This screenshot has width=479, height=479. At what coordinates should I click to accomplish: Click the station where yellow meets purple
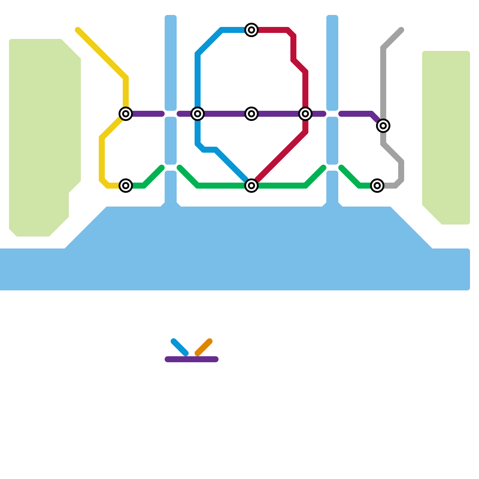click(x=126, y=114)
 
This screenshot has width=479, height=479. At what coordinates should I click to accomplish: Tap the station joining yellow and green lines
click(x=126, y=186)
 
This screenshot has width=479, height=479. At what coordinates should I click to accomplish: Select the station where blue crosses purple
click(x=198, y=114)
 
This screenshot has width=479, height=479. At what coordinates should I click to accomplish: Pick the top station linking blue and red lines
click(x=251, y=30)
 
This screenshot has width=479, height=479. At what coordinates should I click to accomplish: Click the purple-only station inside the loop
click(x=251, y=114)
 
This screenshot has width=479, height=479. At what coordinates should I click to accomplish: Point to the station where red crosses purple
click(x=305, y=114)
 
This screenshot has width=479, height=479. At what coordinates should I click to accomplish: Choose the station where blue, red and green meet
click(x=251, y=186)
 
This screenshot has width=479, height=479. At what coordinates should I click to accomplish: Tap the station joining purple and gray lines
click(x=383, y=126)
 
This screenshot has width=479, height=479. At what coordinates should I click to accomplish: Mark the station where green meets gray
click(x=377, y=186)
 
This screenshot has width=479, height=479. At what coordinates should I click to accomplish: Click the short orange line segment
click(x=204, y=347)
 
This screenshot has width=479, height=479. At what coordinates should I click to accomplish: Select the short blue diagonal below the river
click(x=180, y=347)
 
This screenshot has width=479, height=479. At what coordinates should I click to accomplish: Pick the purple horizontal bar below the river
click(x=192, y=359)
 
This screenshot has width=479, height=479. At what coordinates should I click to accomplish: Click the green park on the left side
click(x=42, y=135)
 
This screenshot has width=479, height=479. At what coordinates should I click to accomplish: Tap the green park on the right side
click(x=446, y=135)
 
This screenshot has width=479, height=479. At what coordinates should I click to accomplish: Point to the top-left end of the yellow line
click(x=78, y=30)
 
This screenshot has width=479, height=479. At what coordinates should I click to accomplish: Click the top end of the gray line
click(x=401, y=30)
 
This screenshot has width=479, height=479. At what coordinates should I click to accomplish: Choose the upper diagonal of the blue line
click(x=210, y=42)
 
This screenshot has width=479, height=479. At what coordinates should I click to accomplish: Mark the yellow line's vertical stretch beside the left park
click(x=102, y=159)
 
